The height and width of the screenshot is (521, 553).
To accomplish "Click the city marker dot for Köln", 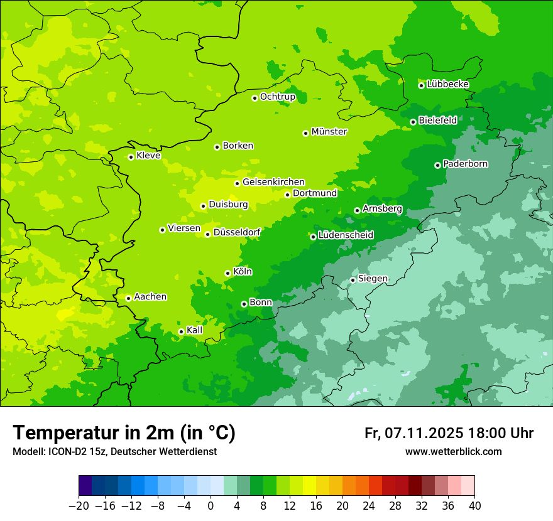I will tap(227, 273).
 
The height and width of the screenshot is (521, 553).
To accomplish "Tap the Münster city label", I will tap(329, 132).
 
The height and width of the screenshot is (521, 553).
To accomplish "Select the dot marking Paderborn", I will tap(437, 165).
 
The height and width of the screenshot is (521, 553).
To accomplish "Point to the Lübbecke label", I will tap(447, 84).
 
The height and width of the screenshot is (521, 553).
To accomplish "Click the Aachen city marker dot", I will tap(128, 298).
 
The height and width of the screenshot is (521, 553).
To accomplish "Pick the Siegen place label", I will tap(373, 279).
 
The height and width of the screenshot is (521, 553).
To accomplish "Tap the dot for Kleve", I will tap(131, 157).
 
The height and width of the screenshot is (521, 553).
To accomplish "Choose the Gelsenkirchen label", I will tap(273, 182).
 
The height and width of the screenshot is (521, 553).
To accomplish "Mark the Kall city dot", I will tap(181, 331).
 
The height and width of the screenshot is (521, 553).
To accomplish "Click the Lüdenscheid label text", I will tap(346, 235).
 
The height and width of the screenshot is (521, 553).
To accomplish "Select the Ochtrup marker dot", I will tap(255, 98).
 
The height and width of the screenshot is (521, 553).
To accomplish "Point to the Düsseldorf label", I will tap(237, 232).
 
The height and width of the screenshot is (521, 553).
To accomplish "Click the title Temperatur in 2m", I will tap(124, 433).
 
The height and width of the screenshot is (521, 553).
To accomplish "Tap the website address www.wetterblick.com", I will tap(453, 451).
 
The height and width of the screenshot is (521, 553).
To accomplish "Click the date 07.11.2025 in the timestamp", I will tap(424, 433).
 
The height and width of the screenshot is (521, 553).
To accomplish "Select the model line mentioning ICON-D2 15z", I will tap(114, 451).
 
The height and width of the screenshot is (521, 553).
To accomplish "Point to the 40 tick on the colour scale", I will tap(474, 506).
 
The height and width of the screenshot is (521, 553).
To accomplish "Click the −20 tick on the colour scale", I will tap(79, 506).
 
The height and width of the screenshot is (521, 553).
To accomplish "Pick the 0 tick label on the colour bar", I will tap(211, 506).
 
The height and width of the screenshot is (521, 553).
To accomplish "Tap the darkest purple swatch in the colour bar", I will tap(85, 486).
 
